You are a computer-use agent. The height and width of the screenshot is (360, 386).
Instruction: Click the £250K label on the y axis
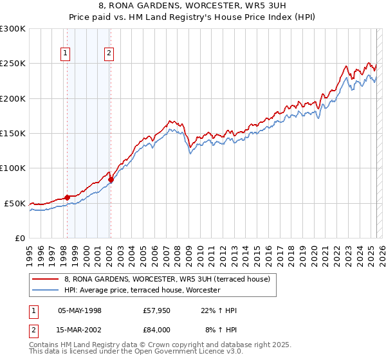coord(13,64)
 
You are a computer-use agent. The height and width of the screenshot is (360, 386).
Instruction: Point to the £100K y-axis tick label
coord(13,168)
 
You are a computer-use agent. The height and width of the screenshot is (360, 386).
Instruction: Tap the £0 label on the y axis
coord(20,238)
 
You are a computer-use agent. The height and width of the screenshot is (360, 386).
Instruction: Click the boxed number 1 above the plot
coord(66,54)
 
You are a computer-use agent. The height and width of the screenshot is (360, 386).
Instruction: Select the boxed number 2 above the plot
coord(110,54)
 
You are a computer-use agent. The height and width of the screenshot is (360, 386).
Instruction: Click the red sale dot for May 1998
coord(67,197)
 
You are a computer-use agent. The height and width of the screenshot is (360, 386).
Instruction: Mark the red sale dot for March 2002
coord(111,179)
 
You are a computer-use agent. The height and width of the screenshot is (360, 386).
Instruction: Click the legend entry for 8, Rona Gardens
coord(170,279)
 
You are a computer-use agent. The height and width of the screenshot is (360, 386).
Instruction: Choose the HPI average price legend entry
coord(142,290)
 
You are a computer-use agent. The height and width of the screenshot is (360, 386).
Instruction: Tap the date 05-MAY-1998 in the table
coord(80,310)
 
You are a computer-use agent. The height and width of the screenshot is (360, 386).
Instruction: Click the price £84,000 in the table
coord(157,329)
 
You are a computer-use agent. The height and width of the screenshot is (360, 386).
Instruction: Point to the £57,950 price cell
coord(157,310)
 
